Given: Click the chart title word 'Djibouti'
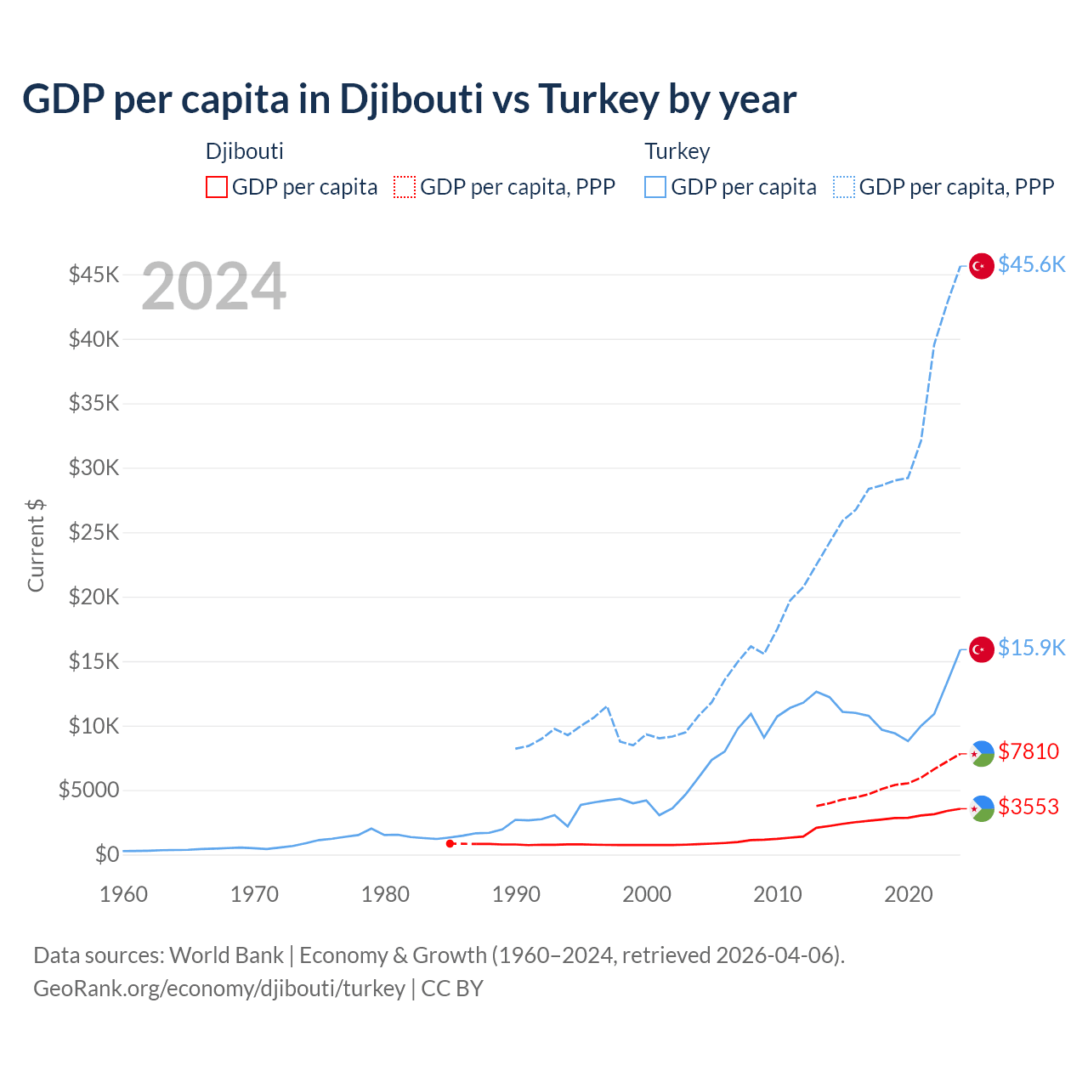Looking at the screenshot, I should pyautogui.click(x=412, y=99).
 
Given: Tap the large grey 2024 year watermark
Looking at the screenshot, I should pyautogui.click(x=213, y=287).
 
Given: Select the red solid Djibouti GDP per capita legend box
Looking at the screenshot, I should pyautogui.click(x=217, y=187).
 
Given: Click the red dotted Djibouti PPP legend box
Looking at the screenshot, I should pyautogui.click(x=405, y=187).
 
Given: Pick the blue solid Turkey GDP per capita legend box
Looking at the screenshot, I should pyautogui.click(x=655, y=187).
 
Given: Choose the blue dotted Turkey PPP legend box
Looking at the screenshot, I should pyautogui.click(x=844, y=187).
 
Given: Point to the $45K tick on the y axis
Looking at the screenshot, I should pyautogui.click(x=93, y=275).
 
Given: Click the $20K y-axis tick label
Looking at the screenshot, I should pyautogui.click(x=93, y=597).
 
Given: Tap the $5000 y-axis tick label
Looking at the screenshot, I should pyautogui.click(x=88, y=790).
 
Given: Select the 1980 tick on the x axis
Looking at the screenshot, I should pyautogui.click(x=385, y=894).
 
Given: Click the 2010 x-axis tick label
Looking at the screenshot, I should pyautogui.click(x=778, y=894).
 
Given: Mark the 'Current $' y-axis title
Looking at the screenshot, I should pyautogui.click(x=36, y=546).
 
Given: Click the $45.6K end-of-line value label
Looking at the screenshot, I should pyautogui.click(x=1031, y=265).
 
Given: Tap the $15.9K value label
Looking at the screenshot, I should pyautogui.click(x=1031, y=649).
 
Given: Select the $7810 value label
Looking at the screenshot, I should pyautogui.click(x=1028, y=752).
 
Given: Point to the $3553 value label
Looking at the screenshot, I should pyautogui.click(x=1028, y=807).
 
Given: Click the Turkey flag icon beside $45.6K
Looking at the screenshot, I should pyautogui.click(x=982, y=266).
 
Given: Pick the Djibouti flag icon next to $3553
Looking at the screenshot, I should pyautogui.click(x=982, y=808).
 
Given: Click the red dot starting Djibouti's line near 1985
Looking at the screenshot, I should pyautogui.click(x=450, y=843).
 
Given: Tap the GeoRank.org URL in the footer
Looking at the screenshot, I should pyautogui.click(x=219, y=989).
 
